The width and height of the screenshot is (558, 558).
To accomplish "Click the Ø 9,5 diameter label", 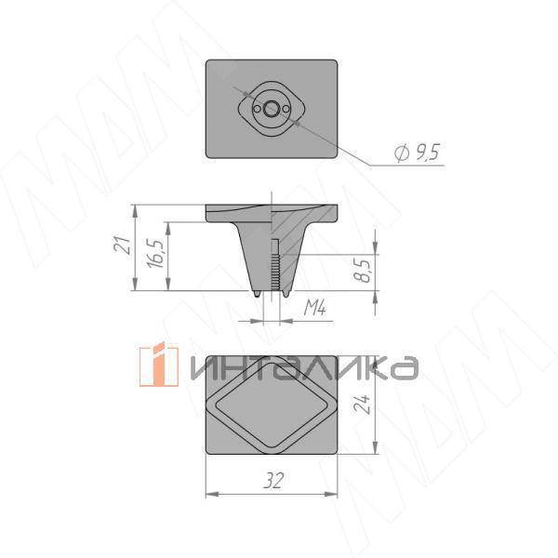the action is click(417, 153).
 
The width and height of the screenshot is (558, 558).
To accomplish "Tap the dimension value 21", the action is click(123, 245).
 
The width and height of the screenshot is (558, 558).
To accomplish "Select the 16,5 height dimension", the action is click(156, 254).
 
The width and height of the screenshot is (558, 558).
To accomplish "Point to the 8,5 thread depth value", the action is click(364, 271).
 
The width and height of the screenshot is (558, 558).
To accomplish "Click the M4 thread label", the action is click(315, 308).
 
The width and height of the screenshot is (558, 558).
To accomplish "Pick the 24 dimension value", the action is click(363, 404).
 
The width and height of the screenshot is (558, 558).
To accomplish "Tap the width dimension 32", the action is click(273, 481).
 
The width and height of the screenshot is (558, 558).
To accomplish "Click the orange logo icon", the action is click(159, 365).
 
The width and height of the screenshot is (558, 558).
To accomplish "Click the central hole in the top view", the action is click(272, 109).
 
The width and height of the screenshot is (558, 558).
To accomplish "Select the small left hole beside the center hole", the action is click(257, 109).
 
